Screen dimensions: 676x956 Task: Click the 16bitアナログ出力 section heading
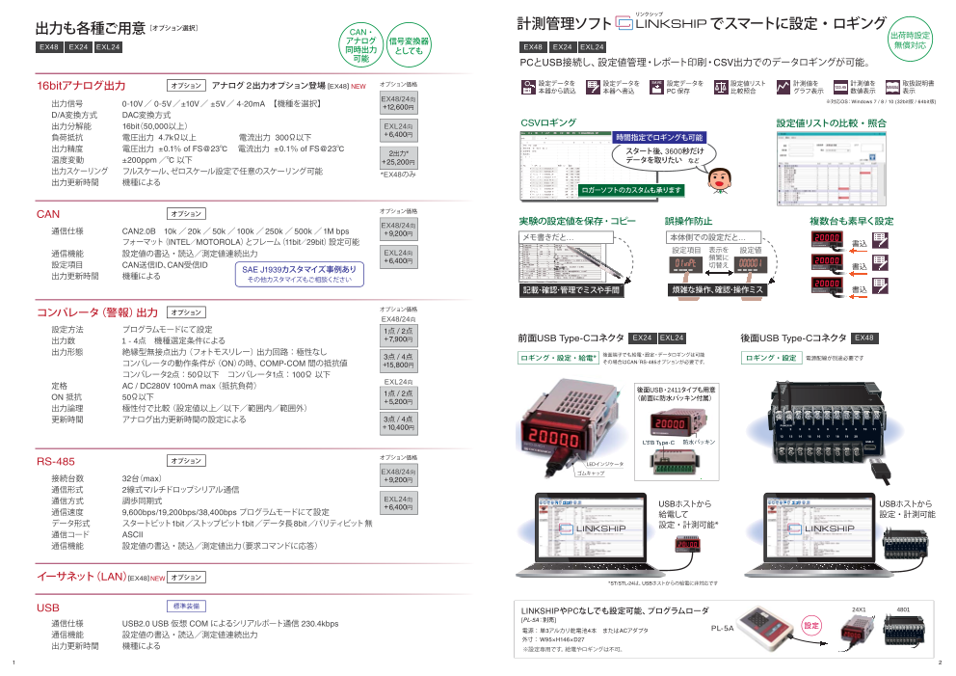tap(81, 85)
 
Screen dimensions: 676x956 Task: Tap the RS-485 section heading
tap(55, 461)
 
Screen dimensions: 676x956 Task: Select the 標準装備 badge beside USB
tap(187, 607)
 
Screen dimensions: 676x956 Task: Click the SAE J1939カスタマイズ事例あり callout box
tap(299, 274)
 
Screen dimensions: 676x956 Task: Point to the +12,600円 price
tap(397, 108)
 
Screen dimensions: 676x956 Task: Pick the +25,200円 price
tap(397, 162)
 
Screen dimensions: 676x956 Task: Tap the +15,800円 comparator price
tap(398, 365)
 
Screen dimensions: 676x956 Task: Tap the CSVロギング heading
tap(548, 122)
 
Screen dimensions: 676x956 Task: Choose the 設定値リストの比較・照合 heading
tap(831, 122)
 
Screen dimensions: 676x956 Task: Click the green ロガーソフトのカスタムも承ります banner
tap(630, 190)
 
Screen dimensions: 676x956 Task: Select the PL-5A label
tap(722, 627)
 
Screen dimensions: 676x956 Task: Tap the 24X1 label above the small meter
tap(860, 609)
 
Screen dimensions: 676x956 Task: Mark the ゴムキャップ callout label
tap(591, 474)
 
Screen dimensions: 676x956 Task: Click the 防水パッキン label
tap(699, 442)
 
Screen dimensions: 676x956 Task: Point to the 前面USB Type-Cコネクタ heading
tap(570, 338)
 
